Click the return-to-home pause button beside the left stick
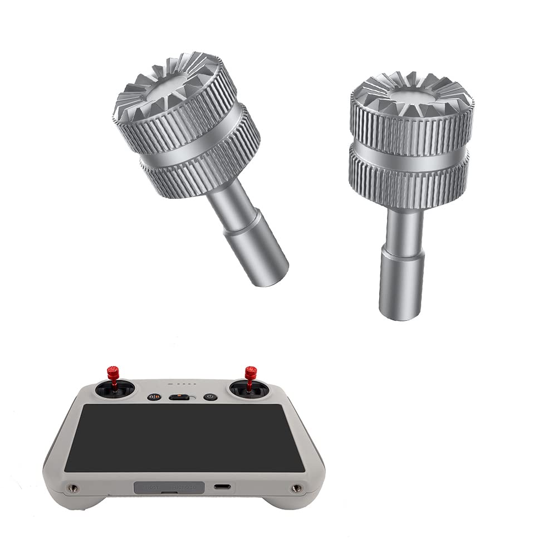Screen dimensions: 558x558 coord(154,397)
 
